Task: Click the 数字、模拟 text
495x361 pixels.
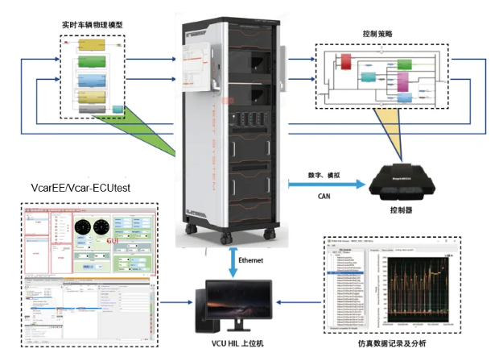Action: [325, 174]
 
